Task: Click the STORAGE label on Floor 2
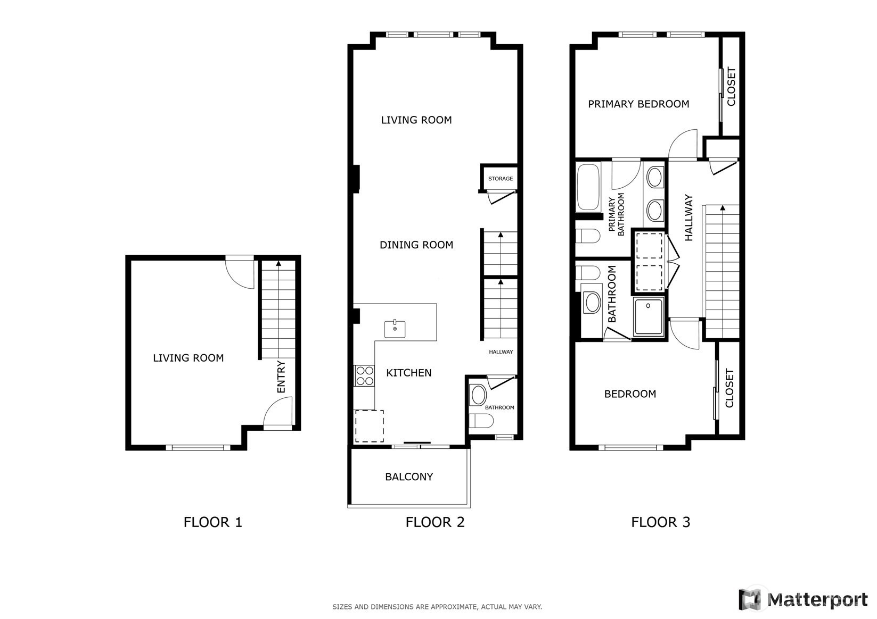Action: [500, 179]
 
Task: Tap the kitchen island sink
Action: [395, 329]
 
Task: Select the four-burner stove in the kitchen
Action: [364, 376]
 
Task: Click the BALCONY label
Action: [409, 476]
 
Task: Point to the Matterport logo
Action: [803, 599]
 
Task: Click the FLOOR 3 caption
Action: [660, 522]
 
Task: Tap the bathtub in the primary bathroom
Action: [588, 187]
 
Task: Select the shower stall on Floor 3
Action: [649, 316]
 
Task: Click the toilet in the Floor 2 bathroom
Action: [481, 421]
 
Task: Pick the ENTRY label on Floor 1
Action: [281, 377]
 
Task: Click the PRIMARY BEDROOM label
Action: [638, 104]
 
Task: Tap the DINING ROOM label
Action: [416, 245]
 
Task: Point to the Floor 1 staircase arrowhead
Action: [278, 264]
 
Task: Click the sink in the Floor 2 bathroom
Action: [478, 395]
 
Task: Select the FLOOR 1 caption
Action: [213, 522]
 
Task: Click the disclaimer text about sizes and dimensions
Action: [437, 607]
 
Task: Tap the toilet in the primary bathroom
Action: [588, 236]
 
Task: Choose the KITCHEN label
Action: [409, 373]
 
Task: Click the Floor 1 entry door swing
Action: [278, 413]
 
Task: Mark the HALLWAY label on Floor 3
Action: [689, 218]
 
